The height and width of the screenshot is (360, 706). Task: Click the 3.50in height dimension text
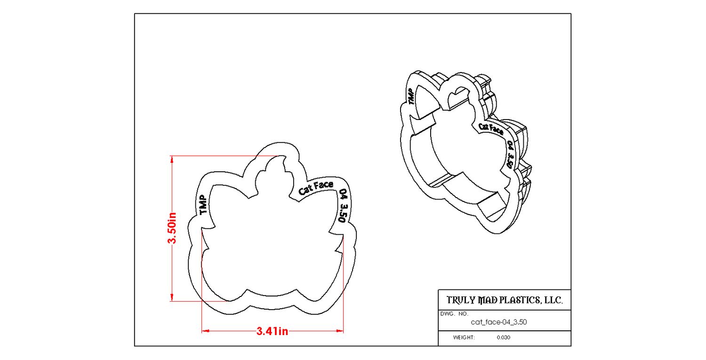coord(172,228)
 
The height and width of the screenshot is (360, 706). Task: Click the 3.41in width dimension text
coord(272,331)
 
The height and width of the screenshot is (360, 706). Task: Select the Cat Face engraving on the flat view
coord(316,188)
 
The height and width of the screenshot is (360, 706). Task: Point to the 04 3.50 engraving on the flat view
coord(343,206)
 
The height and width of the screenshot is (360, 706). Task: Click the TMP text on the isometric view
coord(410,97)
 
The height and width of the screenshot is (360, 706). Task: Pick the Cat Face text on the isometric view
coord(491,129)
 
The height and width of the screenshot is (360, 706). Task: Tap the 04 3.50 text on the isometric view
coord(510,154)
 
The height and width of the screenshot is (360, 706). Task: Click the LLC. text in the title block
coord(554,300)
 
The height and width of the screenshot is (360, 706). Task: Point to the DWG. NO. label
coord(454,314)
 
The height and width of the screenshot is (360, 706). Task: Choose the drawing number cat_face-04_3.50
coord(498,322)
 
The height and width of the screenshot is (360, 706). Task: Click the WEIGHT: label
coord(464,337)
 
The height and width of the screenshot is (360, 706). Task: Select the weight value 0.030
coord(503,337)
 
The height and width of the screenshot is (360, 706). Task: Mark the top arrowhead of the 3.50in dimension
coord(172,159)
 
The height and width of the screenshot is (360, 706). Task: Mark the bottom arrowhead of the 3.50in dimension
coord(172,297)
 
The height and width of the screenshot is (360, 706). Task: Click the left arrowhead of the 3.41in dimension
coord(205,331)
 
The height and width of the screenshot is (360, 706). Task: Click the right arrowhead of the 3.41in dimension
coord(340,331)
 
